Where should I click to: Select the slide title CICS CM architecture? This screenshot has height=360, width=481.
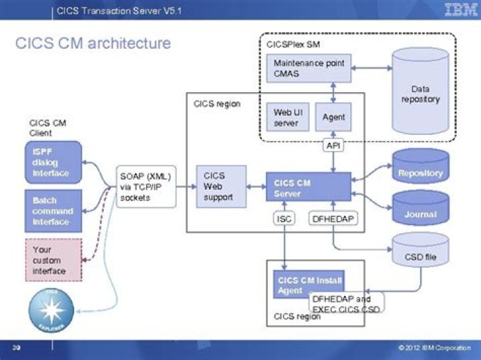(93, 44)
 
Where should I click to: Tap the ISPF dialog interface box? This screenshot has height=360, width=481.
(53, 161)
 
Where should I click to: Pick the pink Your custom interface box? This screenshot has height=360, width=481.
(53, 260)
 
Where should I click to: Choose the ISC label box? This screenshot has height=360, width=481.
(283, 218)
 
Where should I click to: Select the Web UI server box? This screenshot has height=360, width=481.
(287, 117)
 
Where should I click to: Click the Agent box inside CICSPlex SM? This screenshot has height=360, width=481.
(333, 117)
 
